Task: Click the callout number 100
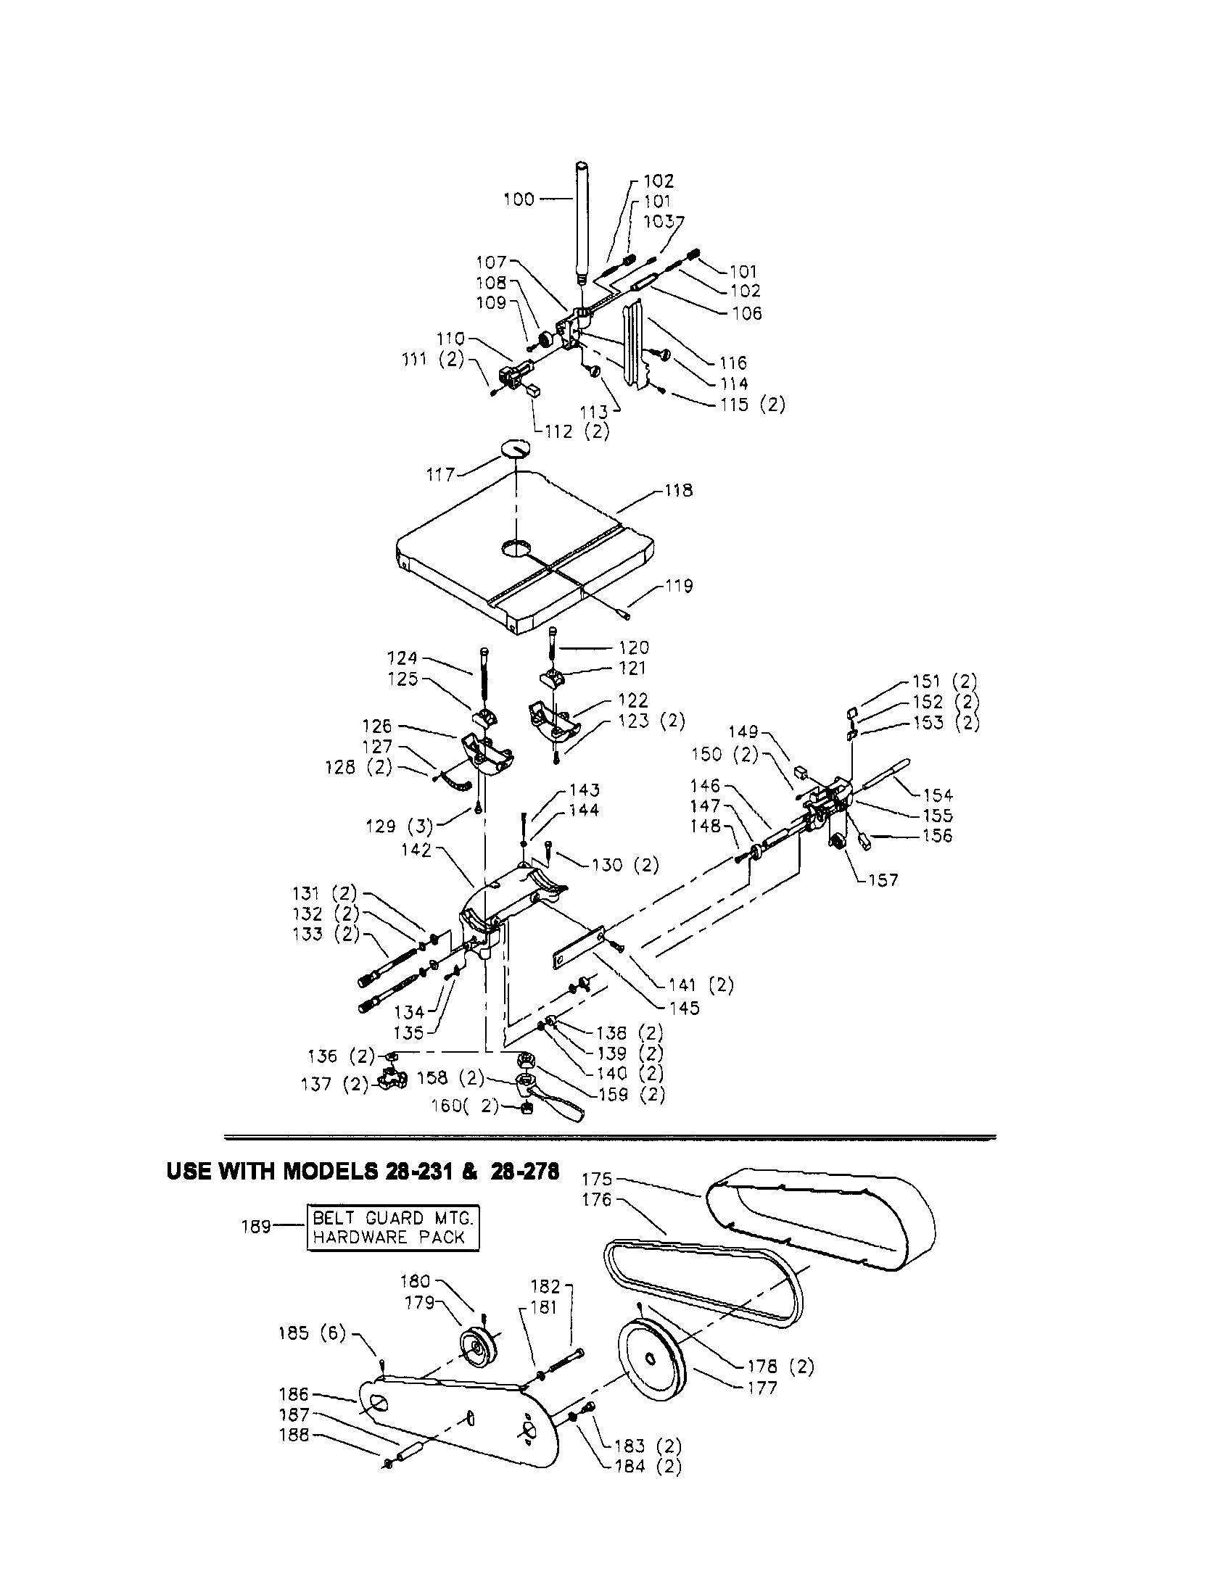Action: coord(519,199)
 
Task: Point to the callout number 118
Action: coord(678,491)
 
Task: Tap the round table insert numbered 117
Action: coord(515,448)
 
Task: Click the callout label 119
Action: coord(678,586)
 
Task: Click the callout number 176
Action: coord(597,1199)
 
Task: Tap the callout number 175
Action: coord(597,1179)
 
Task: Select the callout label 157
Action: coord(883,880)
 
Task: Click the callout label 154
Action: coord(938,795)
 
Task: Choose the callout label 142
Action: coord(416,850)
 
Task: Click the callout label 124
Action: coord(402,658)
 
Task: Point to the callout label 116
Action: coord(732,363)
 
